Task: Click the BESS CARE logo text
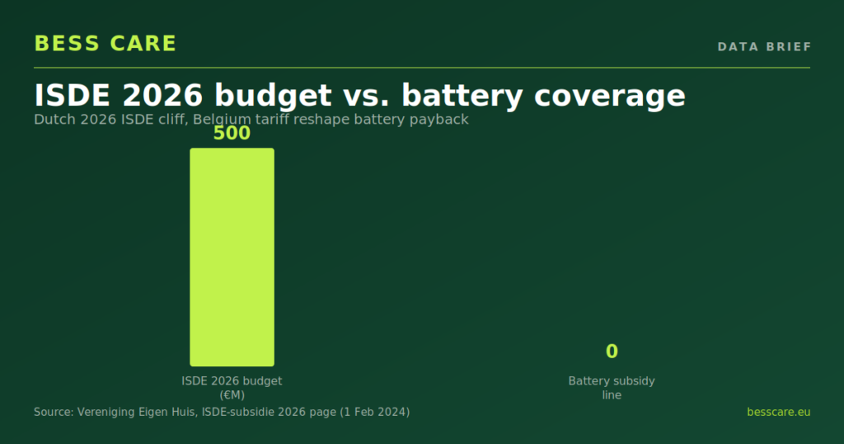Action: point(105,44)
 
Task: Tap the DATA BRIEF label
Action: point(764,47)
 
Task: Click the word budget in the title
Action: point(273,97)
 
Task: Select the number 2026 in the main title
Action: point(162,96)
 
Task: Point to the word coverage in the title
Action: point(609,97)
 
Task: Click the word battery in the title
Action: point(462,97)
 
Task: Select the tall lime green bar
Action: point(232,257)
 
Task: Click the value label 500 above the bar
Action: point(232,133)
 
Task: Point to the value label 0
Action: point(612,352)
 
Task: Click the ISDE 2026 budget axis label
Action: point(232,381)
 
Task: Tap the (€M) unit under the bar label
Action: point(232,395)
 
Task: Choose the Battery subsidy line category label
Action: point(612,388)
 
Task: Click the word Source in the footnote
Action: point(54,412)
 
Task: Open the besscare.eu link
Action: point(778,412)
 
